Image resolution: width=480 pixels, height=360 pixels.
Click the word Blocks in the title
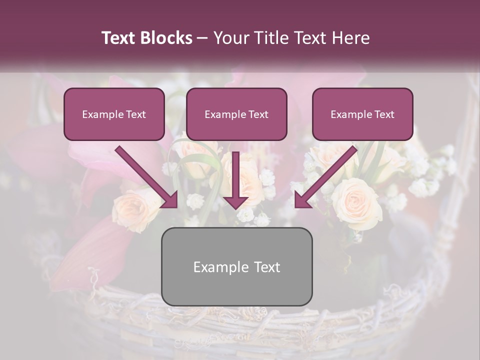[x=166, y=38]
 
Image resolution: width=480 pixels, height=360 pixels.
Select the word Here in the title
[x=351, y=38]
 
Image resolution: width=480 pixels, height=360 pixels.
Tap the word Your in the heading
[x=229, y=38]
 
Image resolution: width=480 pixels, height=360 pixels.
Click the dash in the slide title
[x=202, y=38]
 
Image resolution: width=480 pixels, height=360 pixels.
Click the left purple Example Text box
[x=114, y=114]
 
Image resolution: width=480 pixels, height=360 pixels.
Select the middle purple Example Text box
[x=236, y=114]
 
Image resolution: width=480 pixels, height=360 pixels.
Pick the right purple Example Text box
[x=362, y=114]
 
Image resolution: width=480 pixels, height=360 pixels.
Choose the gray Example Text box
[x=236, y=266]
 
